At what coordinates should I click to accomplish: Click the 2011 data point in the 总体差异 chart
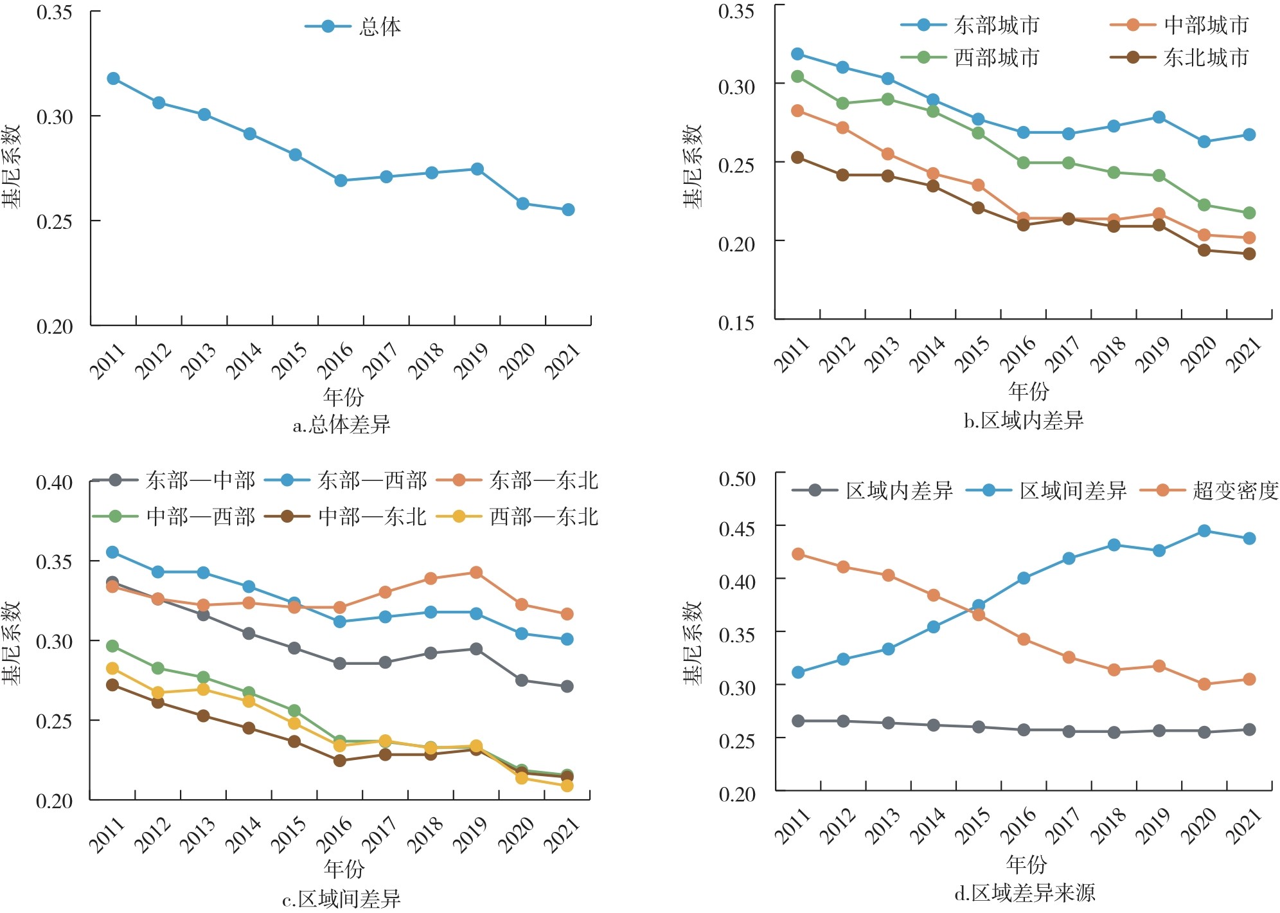pyautogui.click(x=113, y=78)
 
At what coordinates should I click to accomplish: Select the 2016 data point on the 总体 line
pyautogui.click(x=341, y=181)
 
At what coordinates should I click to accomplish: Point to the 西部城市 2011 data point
pyautogui.click(x=797, y=77)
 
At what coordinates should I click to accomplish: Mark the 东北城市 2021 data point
pyautogui.click(x=1249, y=254)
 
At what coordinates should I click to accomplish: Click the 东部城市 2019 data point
pyautogui.click(x=1159, y=118)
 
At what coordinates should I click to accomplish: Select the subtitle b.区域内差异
pyautogui.click(x=1024, y=420)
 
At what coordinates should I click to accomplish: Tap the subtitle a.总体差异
pyautogui.click(x=341, y=425)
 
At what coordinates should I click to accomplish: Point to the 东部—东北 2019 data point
pyautogui.click(x=476, y=572)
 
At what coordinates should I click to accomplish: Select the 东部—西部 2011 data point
pyautogui.click(x=112, y=552)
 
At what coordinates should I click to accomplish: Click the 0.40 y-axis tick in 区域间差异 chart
pyautogui.click(x=54, y=483)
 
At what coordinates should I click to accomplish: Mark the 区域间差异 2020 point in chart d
pyautogui.click(x=1204, y=531)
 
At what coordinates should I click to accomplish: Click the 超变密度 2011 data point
pyautogui.click(x=798, y=554)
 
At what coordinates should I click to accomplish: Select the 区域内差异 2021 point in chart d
pyautogui.click(x=1249, y=730)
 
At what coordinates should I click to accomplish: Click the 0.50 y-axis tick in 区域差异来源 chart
pyautogui.click(x=737, y=479)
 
